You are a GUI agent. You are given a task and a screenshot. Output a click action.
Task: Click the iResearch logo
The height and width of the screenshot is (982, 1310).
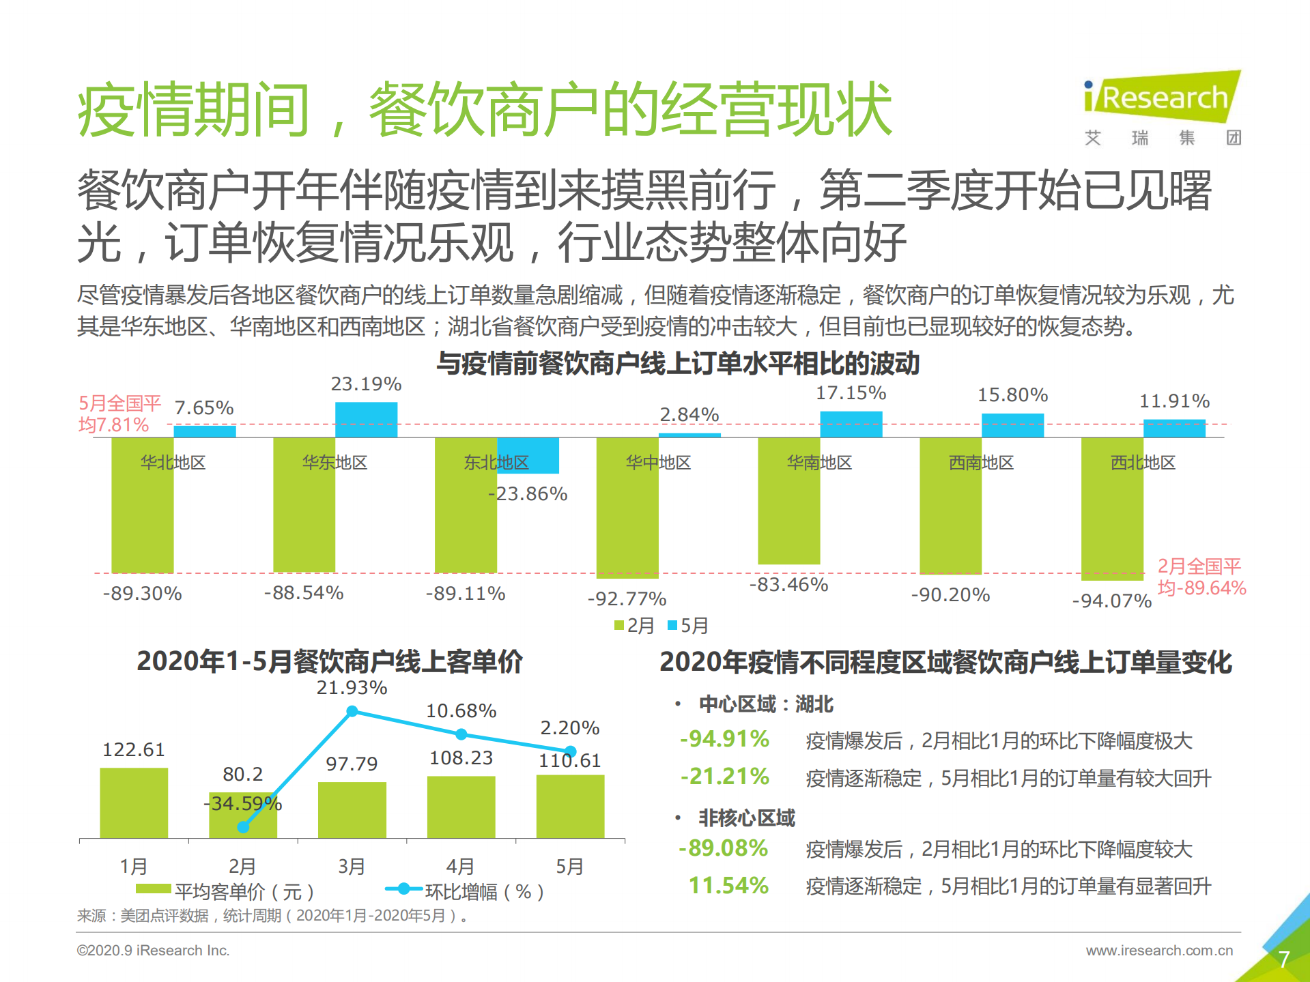[x=1163, y=99]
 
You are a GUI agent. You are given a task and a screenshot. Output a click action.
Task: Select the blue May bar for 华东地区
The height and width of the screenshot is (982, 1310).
[x=366, y=419]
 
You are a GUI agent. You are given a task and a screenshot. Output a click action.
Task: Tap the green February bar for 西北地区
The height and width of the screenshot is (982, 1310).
[x=1112, y=508]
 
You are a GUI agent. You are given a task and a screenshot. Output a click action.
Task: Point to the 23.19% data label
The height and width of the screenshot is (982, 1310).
[x=366, y=384]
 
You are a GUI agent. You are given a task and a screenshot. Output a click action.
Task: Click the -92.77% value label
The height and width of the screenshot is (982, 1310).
[x=627, y=599]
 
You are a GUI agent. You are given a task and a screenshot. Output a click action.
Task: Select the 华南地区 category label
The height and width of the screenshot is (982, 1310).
[x=819, y=463]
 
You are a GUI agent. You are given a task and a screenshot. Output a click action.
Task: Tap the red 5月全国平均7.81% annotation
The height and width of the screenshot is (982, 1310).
[x=119, y=414]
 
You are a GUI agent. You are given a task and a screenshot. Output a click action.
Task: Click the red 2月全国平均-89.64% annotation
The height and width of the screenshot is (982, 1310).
[x=1201, y=577]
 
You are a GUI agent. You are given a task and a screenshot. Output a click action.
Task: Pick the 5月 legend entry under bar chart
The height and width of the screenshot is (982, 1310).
[x=688, y=625]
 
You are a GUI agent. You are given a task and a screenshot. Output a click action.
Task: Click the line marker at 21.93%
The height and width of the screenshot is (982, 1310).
[x=352, y=711]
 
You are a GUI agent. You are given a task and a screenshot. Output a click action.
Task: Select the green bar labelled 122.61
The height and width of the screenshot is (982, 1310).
[x=134, y=803]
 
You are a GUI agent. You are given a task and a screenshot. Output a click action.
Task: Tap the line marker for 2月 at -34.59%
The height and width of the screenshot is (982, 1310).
[x=243, y=827]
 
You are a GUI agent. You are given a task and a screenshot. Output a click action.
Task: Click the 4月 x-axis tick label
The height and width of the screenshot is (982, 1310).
[x=460, y=866]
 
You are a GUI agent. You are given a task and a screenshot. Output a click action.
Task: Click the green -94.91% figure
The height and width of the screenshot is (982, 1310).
[x=724, y=739]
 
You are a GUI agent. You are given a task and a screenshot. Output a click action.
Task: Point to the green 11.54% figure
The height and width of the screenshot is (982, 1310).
[x=728, y=886]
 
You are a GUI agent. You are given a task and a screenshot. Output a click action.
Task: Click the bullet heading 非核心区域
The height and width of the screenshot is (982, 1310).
[x=746, y=818]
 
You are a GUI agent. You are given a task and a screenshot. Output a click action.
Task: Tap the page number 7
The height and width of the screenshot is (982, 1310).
[x=1283, y=959]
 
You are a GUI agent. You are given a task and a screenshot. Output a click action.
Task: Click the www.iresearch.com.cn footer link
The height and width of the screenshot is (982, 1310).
[x=1159, y=950]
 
